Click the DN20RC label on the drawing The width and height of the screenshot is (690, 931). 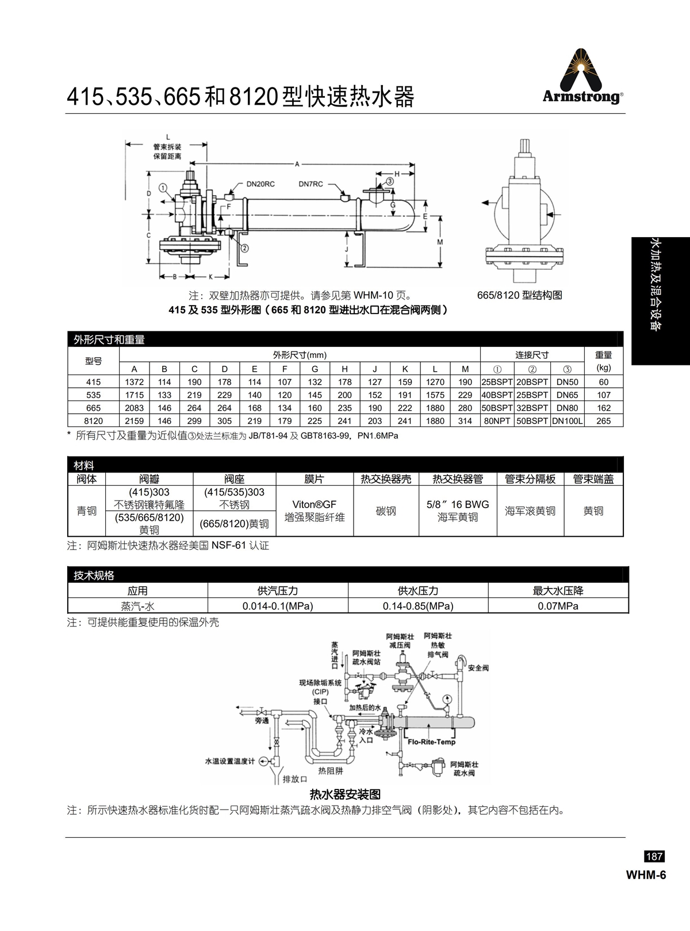click(260, 184)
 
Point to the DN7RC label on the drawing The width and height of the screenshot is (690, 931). click(311, 184)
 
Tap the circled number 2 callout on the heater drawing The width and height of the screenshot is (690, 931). click(244, 248)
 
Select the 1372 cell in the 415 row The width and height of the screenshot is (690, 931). click(134, 382)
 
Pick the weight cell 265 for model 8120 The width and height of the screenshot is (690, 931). click(604, 421)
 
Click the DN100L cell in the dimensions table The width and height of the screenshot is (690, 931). click(567, 421)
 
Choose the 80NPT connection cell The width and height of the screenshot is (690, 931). click(497, 421)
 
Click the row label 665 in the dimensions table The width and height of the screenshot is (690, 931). click(93, 407)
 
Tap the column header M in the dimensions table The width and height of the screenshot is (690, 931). click(465, 369)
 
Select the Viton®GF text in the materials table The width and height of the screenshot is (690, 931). click(314, 504)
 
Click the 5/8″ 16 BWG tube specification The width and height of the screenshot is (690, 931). click(458, 504)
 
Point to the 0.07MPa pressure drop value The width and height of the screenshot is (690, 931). click(558, 606)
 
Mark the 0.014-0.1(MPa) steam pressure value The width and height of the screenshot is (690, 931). click(278, 606)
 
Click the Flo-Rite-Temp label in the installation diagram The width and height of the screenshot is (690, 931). click(432, 742)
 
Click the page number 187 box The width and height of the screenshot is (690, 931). click(654, 856)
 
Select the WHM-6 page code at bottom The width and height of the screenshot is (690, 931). click(646, 875)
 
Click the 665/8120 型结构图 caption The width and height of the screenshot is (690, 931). click(519, 295)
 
